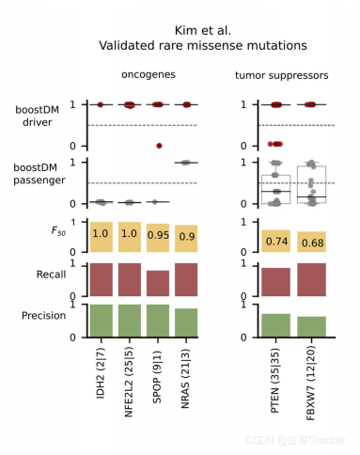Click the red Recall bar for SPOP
coord(159,283)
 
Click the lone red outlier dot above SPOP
coord(159,145)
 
